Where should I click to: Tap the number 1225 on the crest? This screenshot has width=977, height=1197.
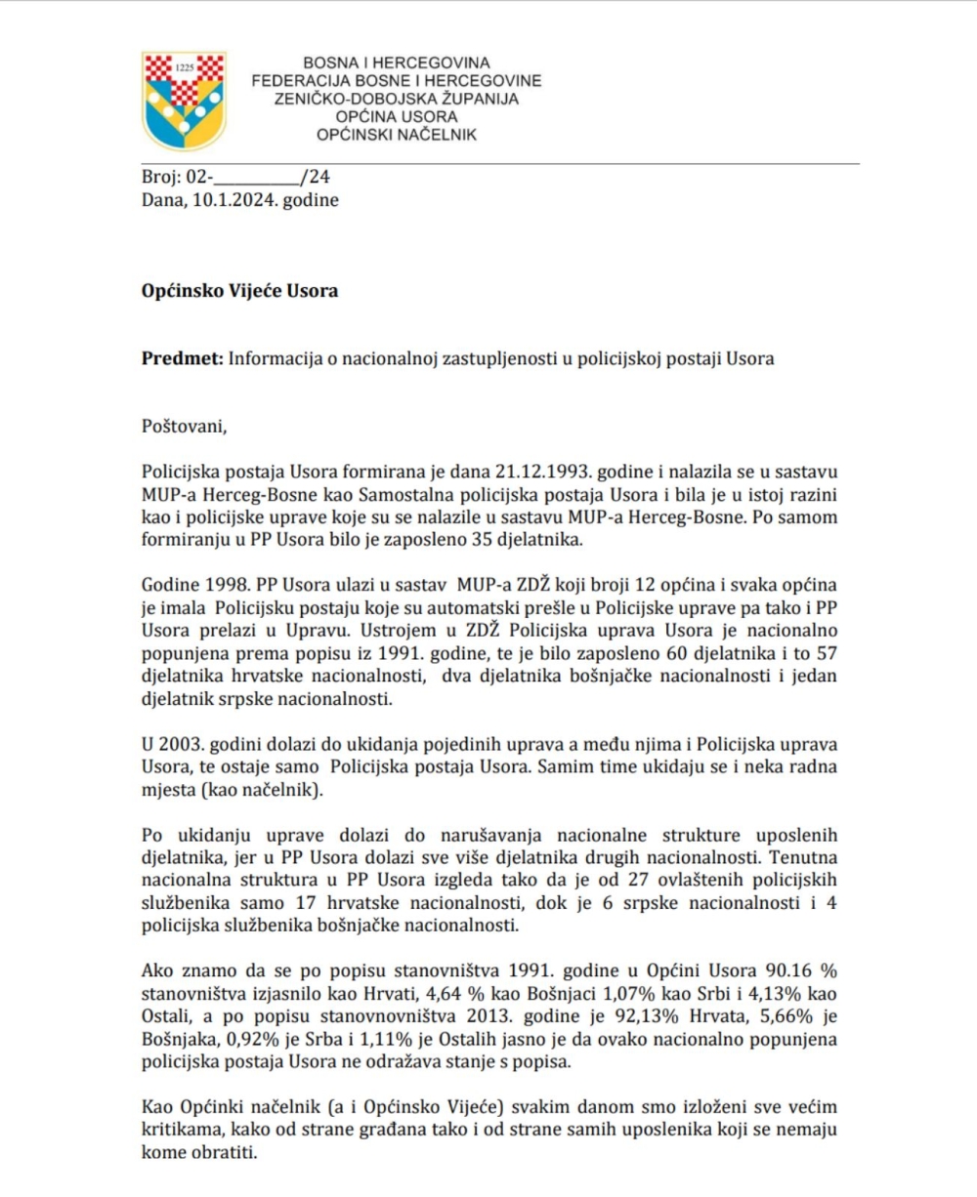click(186, 68)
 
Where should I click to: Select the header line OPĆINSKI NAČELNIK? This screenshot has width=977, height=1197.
click(397, 135)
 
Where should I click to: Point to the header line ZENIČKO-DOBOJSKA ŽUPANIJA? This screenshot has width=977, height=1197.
click(397, 99)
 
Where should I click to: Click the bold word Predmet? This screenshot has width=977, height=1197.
click(183, 358)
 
